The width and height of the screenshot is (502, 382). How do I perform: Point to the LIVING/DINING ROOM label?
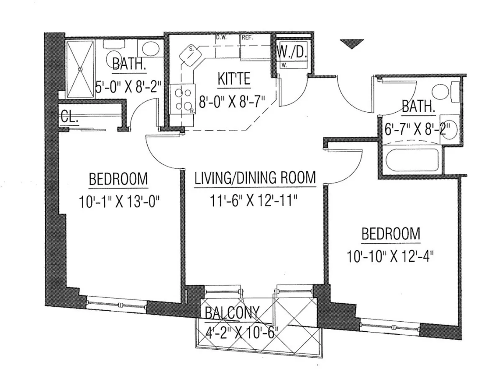pyautogui.click(x=255, y=178)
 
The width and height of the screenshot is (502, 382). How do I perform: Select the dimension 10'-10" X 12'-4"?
pyautogui.click(x=389, y=255)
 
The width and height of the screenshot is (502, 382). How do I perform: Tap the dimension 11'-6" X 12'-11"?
pyautogui.click(x=255, y=201)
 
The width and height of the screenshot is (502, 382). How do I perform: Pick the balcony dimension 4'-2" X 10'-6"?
pyautogui.click(x=241, y=334)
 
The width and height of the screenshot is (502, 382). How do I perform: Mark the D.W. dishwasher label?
pyautogui.click(x=221, y=37)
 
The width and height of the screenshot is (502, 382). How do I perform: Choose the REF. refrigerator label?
pyautogui.click(x=246, y=37)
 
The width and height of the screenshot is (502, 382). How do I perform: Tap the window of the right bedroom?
pyautogui.click(x=389, y=325)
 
